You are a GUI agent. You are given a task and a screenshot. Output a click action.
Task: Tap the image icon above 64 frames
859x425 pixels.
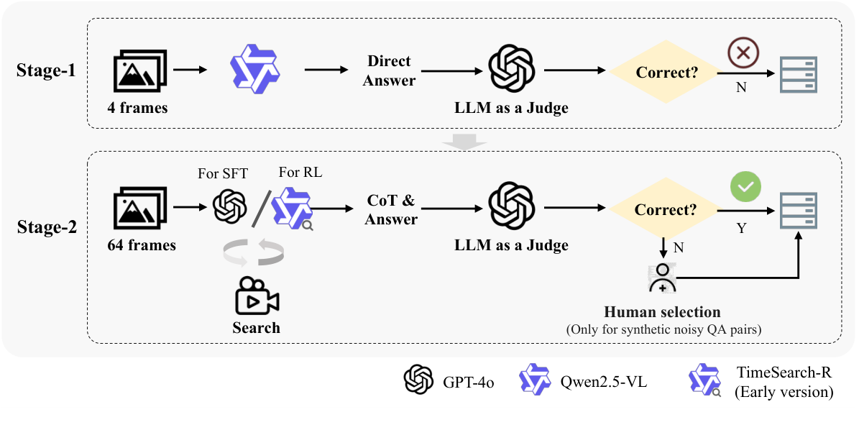[140, 209]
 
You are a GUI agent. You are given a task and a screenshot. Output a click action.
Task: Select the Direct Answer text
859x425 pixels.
[389, 71]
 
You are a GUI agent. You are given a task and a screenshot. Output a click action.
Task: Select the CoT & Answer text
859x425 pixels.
[391, 210]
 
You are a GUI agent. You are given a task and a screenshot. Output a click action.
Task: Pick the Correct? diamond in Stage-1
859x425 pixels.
[664, 72]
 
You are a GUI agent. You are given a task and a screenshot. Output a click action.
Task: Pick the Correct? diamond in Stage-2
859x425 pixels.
[664, 210]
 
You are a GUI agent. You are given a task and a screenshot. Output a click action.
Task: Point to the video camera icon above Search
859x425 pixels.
[257, 295]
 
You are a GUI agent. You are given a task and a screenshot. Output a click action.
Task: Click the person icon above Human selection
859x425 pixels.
[662, 278]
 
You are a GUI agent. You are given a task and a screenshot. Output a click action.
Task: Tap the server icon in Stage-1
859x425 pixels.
[799, 73]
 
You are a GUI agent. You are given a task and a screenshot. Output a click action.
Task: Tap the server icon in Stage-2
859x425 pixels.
[799, 211]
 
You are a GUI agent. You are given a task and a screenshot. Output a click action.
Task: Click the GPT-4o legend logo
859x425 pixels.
[418, 379]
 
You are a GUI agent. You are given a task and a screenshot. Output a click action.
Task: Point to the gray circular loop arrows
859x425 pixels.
[254, 252]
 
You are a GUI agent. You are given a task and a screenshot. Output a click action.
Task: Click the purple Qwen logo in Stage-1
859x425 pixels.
[254, 70]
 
